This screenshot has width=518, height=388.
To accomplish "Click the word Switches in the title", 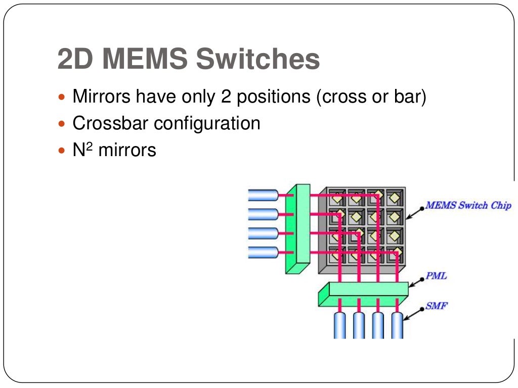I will pyautogui.click(x=257, y=60).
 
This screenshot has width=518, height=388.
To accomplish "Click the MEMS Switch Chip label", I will pyautogui.click(x=468, y=206).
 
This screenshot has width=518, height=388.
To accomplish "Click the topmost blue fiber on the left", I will pyautogui.click(x=263, y=195).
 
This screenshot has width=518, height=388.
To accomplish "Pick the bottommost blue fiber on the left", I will pyautogui.click(x=263, y=252).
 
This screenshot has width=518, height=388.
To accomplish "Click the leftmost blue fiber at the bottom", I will pyautogui.click(x=339, y=325).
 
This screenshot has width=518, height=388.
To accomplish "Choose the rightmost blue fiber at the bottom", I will pyautogui.click(x=397, y=325).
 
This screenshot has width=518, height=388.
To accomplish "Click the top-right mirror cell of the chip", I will pyautogui.click(x=395, y=198).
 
